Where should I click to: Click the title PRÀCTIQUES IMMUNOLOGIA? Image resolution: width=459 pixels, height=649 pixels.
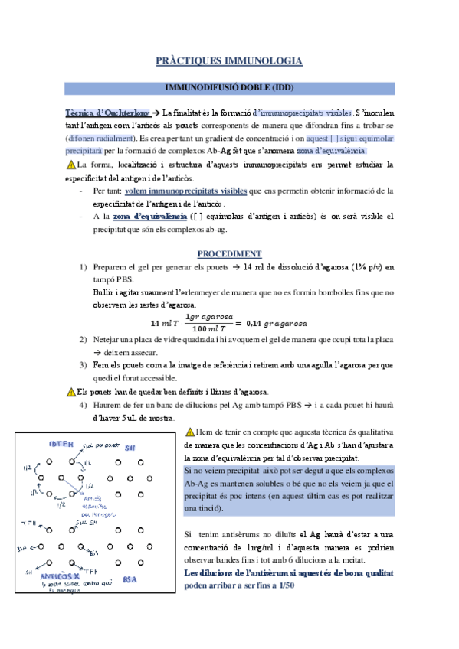tap(228, 60)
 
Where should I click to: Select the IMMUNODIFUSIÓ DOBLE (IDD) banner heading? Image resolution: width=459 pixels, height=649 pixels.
tap(229, 87)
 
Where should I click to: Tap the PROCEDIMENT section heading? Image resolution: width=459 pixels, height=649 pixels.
tap(229, 253)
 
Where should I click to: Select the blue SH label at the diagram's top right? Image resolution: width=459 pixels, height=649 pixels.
tap(130, 448)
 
